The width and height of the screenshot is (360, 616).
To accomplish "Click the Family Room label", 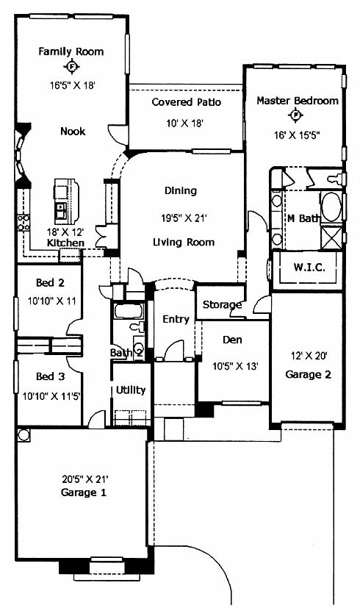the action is point(71,51).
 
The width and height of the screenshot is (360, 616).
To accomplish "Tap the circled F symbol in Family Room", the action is point(71,67).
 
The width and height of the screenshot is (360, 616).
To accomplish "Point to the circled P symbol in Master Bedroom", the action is point(295,115).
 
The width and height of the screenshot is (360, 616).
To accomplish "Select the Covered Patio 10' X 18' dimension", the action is point(184,123).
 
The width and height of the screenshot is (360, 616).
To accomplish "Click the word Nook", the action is point(73,131).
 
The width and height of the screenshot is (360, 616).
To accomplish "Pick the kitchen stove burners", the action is point(23,222).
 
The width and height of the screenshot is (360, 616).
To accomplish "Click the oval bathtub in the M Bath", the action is point(332,207).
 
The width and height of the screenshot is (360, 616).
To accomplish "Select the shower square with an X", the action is point(332,237).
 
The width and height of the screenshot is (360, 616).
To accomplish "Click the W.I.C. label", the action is point(309,268).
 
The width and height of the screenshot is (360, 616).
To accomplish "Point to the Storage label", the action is point(222,304).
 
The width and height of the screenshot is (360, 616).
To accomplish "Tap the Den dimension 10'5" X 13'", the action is point(235,366).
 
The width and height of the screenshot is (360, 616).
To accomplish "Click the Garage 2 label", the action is point(308,374).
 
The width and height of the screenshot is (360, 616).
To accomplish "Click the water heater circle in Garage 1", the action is point(24,435).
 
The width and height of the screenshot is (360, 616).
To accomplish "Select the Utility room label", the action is point(131,390).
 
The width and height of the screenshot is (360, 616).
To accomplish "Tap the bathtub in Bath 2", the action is point(129,311).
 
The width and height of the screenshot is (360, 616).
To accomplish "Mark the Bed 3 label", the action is point(50,376).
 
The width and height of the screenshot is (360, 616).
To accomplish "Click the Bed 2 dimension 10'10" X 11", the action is point(51,301).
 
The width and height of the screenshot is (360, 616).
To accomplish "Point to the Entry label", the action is point(176,319).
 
